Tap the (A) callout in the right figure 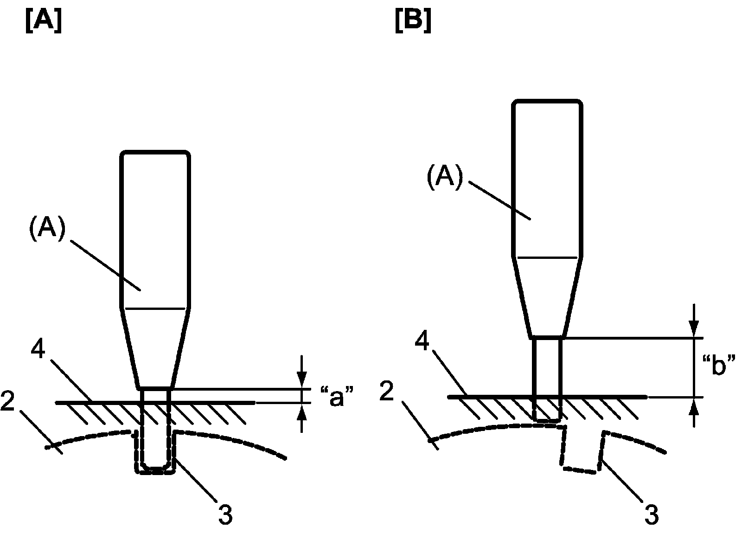tap(445, 179)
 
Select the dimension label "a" tap(337, 399)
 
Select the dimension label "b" tap(719, 366)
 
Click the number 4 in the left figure tap(39, 351)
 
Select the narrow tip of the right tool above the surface tap(547, 366)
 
